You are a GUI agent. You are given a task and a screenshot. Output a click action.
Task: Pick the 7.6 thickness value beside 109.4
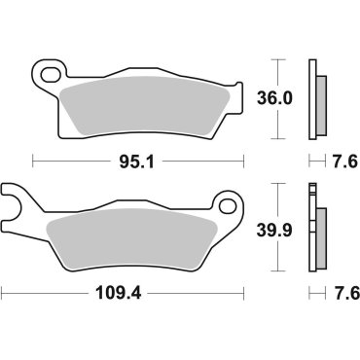340,291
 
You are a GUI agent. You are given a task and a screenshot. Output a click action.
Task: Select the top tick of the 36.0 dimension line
279,60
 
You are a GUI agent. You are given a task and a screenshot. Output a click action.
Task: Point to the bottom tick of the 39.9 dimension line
279,271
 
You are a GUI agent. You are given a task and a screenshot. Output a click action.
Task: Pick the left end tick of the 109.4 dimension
2,291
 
